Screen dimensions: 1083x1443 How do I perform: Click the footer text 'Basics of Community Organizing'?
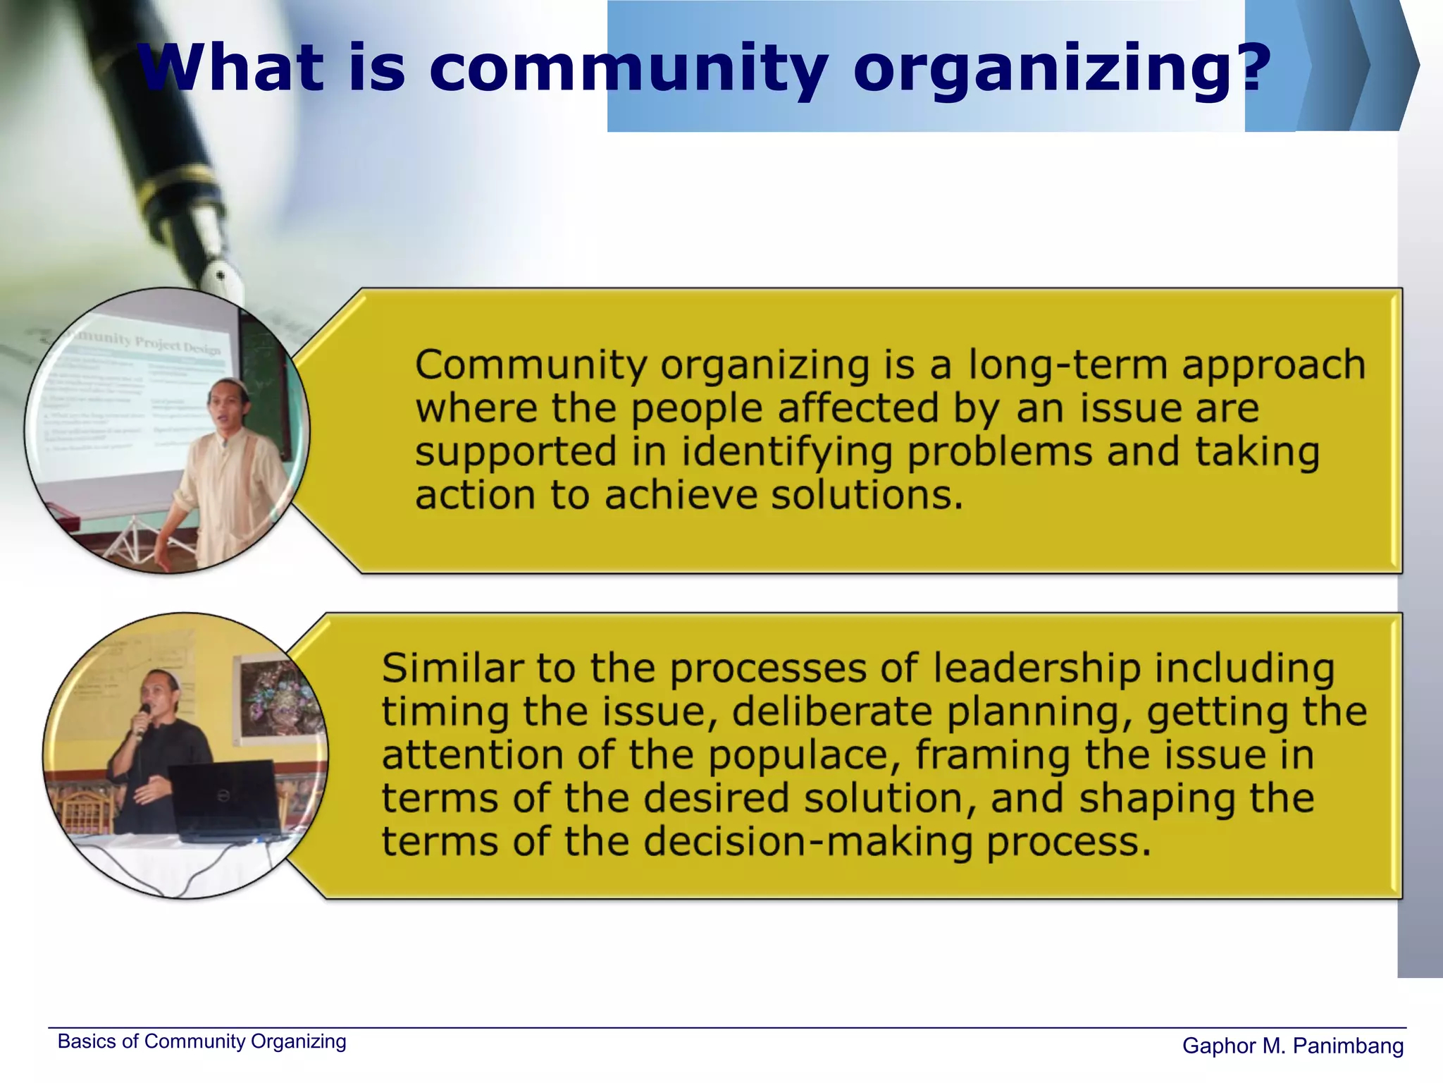[x=202, y=1041]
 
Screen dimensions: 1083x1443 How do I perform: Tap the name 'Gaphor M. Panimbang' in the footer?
[x=1292, y=1046]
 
